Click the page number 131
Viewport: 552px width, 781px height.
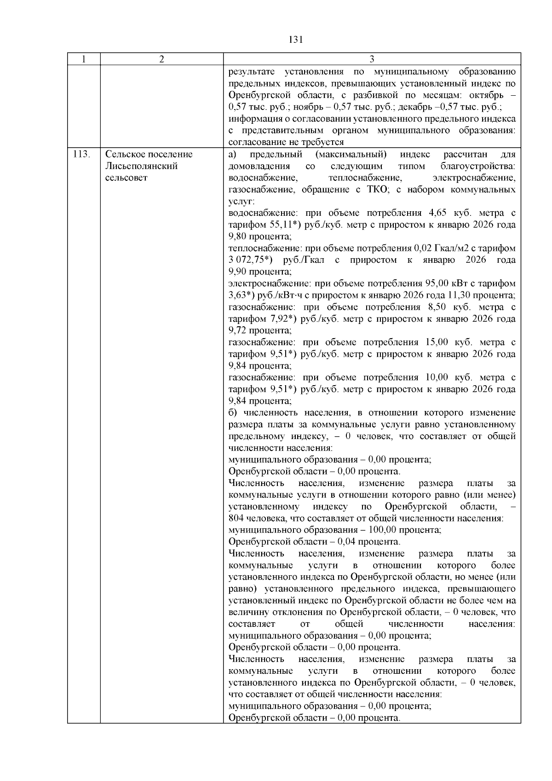(295, 40)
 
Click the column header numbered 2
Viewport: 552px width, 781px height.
(161, 59)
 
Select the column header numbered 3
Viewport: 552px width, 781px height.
(372, 59)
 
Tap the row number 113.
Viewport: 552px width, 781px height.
(81, 154)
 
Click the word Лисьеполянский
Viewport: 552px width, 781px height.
(141, 166)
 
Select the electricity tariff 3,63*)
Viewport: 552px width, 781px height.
(241, 295)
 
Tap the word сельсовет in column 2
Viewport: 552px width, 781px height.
(126, 178)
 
